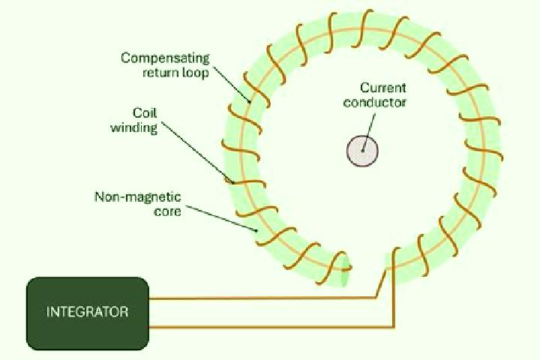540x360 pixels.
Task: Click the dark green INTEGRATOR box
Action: click(x=88, y=313)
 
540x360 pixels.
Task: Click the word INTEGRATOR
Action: click(x=88, y=312)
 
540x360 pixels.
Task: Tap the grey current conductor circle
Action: click(x=362, y=151)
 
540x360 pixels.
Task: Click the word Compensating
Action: click(x=165, y=58)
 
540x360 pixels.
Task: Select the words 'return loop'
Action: click(x=175, y=73)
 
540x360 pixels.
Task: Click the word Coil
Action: click(x=145, y=112)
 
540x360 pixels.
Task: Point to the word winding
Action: click(x=134, y=127)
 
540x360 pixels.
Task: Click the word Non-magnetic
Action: click(x=137, y=196)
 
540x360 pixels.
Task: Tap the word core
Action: click(x=167, y=211)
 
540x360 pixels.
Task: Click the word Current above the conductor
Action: click(x=383, y=88)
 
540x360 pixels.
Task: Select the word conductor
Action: click(x=375, y=102)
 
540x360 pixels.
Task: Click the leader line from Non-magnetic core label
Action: click(x=221, y=219)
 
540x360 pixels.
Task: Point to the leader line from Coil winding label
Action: click(x=198, y=152)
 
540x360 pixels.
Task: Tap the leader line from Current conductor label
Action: click(x=368, y=132)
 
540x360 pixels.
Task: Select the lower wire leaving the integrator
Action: click(x=272, y=327)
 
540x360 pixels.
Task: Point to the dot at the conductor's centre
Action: click(x=362, y=151)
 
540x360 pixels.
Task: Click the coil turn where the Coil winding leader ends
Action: click(x=247, y=182)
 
